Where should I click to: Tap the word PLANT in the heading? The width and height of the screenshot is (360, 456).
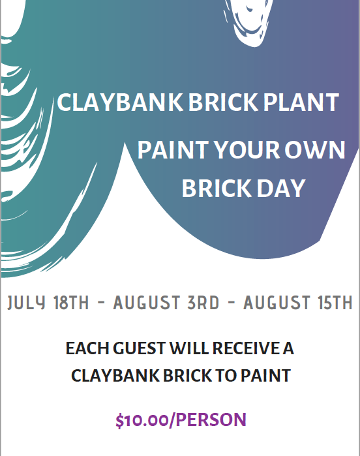[x=301, y=102]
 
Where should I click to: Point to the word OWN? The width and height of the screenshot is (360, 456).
[x=314, y=150]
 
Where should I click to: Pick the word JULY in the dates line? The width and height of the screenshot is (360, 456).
[x=27, y=303]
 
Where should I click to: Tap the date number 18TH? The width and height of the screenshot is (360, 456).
[x=71, y=303]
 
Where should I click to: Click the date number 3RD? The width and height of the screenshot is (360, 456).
[x=203, y=303]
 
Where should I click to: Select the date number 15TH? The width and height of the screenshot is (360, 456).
[x=335, y=303]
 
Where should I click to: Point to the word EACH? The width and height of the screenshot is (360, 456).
[x=87, y=348]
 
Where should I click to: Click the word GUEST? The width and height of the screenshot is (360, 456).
[x=140, y=348]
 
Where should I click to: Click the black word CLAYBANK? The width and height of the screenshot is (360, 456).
[x=115, y=376]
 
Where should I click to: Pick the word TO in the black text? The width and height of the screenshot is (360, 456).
[x=226, y=376]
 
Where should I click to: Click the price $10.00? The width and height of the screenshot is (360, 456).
[x=142, y=420]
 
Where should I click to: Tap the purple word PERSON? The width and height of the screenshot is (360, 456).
[x=211, y=419]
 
